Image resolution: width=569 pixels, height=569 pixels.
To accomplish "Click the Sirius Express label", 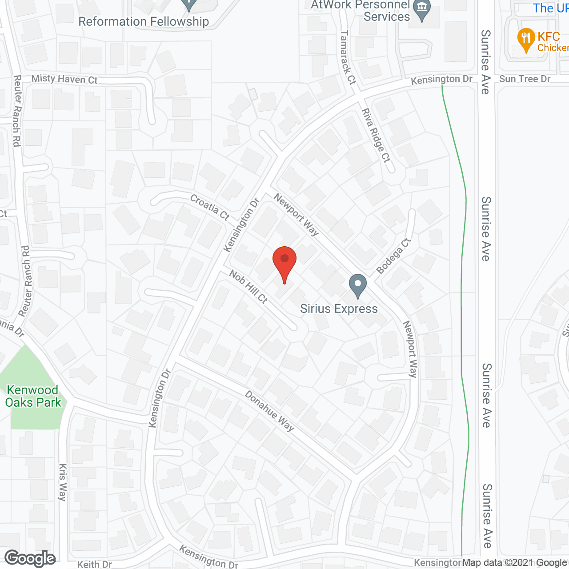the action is pyautogui.click(x=339, y=309).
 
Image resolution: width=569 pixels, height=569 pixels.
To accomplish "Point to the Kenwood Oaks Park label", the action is pyautogui.click(x=33, y=397).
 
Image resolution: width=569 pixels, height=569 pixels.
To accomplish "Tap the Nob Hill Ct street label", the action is pyautogui.click(x=248, y=287).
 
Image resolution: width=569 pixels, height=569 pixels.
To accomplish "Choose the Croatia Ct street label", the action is pyautogui.click(x=209, y=207).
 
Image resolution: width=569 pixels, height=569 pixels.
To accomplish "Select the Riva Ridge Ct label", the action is pyautogui.click(x=376, y=135).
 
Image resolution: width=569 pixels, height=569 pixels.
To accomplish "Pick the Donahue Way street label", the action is pyautogui.click(x=269, y=411).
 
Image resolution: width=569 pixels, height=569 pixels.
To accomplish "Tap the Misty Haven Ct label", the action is pyautogui.click(x=64, y=79).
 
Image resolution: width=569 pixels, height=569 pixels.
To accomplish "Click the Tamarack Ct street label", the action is pyautogui.click(x=348, y=57).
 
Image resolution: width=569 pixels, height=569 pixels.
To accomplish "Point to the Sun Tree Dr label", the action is pyautogui.click(x=525, y=79).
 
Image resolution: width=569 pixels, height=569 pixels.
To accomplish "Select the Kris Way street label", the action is pyautogui.click(x=63, y=482).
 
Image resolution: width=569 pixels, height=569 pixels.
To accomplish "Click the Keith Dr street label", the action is pyautogui.click(x=94, y=564).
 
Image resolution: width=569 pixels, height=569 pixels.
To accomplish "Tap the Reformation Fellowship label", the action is pyautogui.click(x=144, y=22).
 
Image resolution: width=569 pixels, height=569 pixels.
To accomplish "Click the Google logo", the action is pyautogui.click(x=30, y=558).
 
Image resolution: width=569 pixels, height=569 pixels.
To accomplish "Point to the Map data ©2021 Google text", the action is pyautogui.click(x=514, y=563).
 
